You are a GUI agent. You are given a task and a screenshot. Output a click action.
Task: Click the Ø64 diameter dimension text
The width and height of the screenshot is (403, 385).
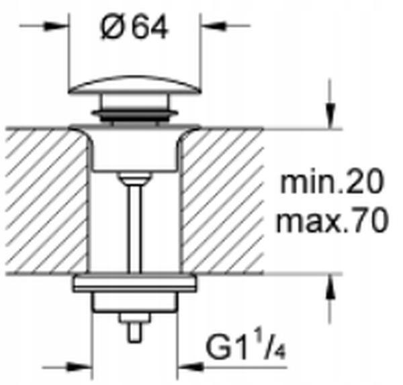[134, 27]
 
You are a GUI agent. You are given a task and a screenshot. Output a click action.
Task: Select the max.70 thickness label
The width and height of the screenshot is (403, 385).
[332, 220]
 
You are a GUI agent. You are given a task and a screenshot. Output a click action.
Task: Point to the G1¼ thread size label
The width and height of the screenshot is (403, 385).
[246, 347]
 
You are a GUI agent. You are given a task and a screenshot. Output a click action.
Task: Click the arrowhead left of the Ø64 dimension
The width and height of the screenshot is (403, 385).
[56, 26]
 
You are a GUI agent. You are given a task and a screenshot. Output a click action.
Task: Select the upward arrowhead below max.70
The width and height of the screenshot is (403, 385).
[330, 287]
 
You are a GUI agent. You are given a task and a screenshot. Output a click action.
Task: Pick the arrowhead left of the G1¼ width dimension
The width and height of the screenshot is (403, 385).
[80, 367]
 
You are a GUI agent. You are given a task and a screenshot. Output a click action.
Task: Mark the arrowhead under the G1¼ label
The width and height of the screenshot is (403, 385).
[190, 367]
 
